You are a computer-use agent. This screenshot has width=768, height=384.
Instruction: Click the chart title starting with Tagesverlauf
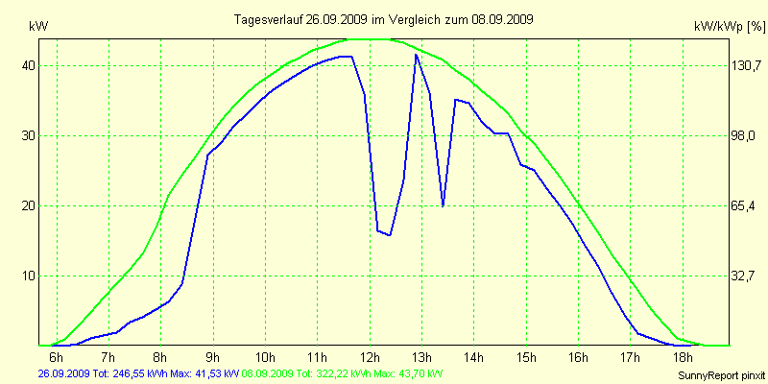[384, 19]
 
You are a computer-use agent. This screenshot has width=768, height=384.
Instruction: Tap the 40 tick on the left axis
[30, 65]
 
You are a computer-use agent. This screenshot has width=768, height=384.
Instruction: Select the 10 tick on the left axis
[30, 276]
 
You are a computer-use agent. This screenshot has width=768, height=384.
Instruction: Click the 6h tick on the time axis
[57, 357]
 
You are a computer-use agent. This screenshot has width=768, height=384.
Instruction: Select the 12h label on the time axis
[370, 357]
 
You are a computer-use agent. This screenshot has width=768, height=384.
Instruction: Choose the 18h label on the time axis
[683, 357]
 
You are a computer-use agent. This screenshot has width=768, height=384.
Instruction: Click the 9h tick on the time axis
[213, 357]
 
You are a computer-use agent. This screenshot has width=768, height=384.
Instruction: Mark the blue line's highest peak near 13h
[416, 55]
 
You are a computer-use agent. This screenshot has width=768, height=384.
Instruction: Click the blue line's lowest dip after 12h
[390, 235]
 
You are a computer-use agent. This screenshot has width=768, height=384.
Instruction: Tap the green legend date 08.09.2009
[270, 372]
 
